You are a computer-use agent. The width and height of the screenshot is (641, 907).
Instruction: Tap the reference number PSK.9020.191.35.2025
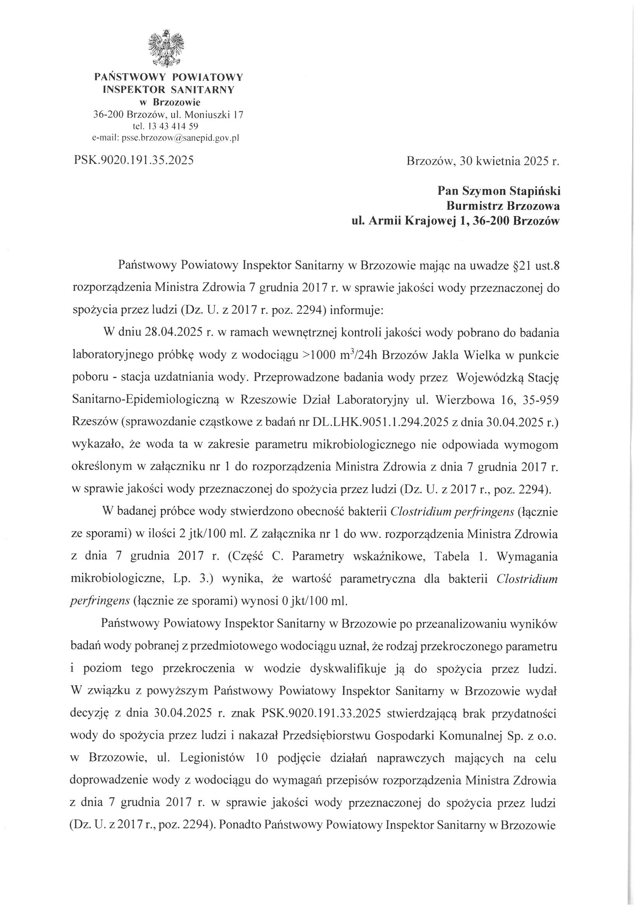tap(133, 160)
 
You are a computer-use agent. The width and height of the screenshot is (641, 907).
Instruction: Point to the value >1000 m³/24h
tap(336, 354)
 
